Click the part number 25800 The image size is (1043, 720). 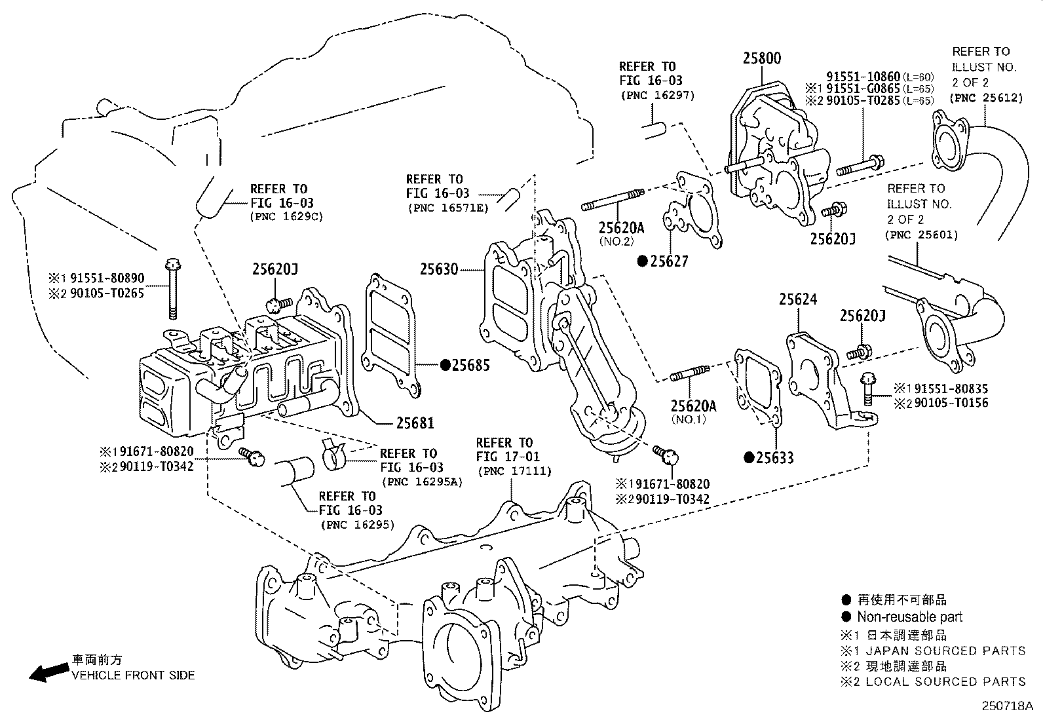[x=761, y=58]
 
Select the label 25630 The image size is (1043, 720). [x=439, y=269]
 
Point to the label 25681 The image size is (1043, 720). [x=414, y=423]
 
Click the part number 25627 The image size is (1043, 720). [x=668, y=261]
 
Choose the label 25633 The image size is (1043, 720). [x=774, y=457]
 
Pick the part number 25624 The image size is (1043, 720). [x=797, y=299]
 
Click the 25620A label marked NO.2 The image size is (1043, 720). [x=620, y=228]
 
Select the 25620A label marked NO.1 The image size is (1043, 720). [x=693, y=406]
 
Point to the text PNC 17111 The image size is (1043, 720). [x=514, y=471]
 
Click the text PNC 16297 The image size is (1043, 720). [x=657, y=96]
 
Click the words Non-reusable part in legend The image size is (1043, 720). [x=909, y=616]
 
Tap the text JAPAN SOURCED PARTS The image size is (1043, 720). [x=945, y=651]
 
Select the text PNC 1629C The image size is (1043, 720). [x=286, y=216]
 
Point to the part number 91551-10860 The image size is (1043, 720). [x=863, y=77]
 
